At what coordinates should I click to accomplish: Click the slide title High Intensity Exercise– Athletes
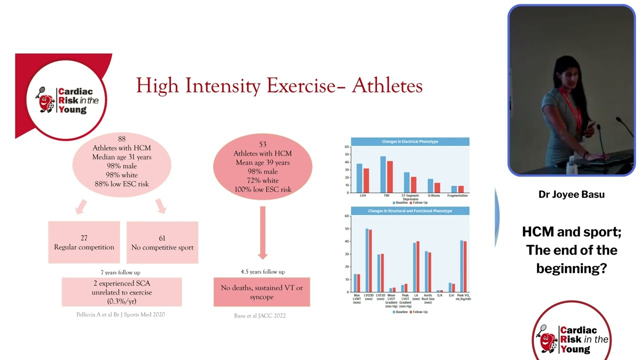(279, 85)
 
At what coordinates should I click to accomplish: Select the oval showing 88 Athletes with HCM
(121, 161)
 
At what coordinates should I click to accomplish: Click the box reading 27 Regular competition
(84, 242)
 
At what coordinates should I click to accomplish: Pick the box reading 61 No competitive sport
(162, 242)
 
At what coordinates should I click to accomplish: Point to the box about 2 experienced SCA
(121, 292)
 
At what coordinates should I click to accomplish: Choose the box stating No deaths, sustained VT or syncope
(261, 292)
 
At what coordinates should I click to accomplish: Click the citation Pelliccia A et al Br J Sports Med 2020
(120, 314)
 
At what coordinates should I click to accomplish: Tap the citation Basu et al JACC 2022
(260, 315)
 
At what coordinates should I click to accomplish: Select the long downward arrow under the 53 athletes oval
(262, 232)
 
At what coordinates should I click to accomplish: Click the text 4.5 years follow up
(262, 271)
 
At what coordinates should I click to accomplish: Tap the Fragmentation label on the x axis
(457, 195)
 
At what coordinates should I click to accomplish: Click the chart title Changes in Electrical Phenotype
(410, 141)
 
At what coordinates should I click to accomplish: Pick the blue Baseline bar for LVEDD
(367, 260)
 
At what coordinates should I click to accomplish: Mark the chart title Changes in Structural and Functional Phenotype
(410, 211)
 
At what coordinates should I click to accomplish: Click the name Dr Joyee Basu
(571, 194)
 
